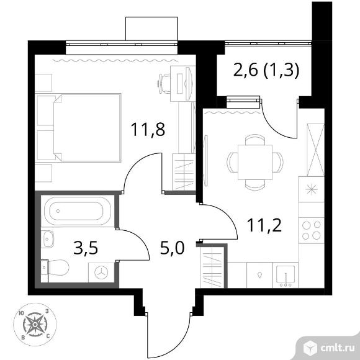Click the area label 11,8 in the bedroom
(x=148, y=130)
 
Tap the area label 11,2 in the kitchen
(x=264, y=225)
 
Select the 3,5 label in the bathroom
(x=86, y=248)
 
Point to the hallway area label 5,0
(x=172, y=248)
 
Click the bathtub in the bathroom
(x=78, y=211)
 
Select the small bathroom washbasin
(x=48, y=239)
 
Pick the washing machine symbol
(x=101, y=272)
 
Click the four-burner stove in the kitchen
(x=312, y=230)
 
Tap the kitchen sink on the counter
(x=286, y=275)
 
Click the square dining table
(x=255, y=163)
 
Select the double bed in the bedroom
(x=87, y=128)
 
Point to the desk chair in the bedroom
(x=164, y=83)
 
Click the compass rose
(x=35, y=325)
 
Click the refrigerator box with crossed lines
(x=315, y=150)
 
